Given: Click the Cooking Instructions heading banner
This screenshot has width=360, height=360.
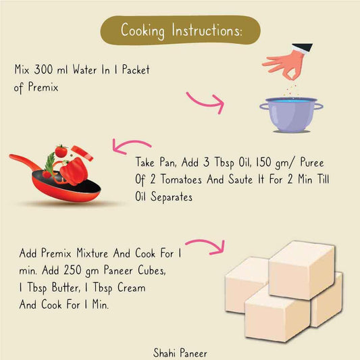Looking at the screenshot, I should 179,30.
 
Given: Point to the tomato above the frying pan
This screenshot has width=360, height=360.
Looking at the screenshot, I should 61,151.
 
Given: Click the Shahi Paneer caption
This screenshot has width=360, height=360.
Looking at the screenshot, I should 180,351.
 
